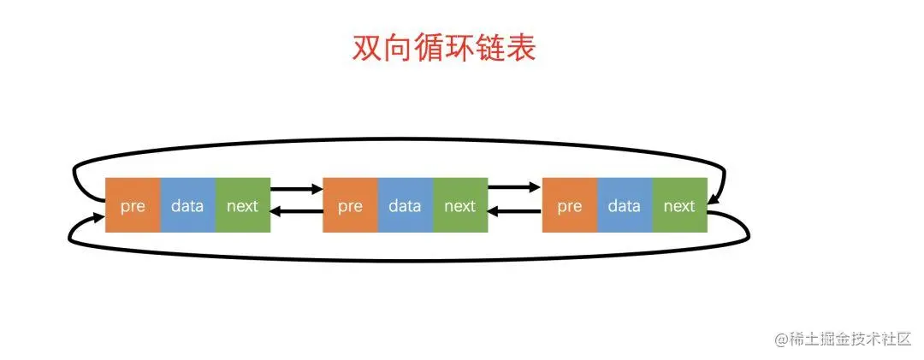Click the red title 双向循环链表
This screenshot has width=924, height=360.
point(444,49)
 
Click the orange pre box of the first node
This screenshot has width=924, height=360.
point(133,205)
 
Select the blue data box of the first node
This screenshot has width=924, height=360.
point(187,205)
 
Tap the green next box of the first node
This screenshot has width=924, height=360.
point(242,205)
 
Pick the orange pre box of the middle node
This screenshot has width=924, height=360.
point(350,205)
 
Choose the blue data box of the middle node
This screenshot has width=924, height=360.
point(405,205)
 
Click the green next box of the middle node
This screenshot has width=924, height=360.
point(459,205)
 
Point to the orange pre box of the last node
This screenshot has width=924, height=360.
point(569,205)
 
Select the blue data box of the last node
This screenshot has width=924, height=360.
point(625,205)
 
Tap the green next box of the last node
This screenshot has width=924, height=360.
point(679,205)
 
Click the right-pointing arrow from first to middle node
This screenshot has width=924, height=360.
point(296,187)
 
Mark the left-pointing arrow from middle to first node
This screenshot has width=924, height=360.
point(296,212)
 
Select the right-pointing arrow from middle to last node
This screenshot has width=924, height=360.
point(514,187)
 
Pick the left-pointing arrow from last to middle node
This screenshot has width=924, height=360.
point(514,212)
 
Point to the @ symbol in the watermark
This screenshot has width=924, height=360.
point(781,339)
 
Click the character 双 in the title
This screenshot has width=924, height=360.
point(367,49)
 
